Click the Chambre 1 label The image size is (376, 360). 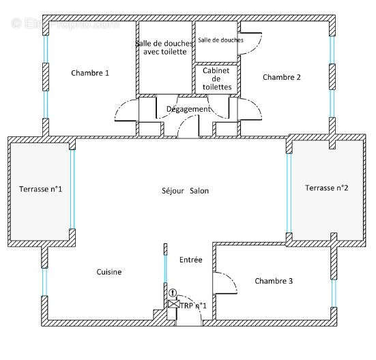click(89, 73)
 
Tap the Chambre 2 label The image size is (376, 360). click(281, 77)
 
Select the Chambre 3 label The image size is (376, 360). click(274, 281)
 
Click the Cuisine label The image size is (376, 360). click(109, 272)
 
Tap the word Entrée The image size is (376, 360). click(190, 260)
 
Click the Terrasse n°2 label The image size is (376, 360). click(326, 188)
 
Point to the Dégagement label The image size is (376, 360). click(188, 109)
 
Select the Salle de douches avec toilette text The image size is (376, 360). click(164, 48)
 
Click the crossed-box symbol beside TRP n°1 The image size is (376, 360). click(172, 305)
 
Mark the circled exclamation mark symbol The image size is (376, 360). click(172, 293)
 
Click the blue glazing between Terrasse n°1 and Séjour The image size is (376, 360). click(72, 189)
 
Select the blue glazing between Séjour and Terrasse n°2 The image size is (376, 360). click(289, 187)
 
